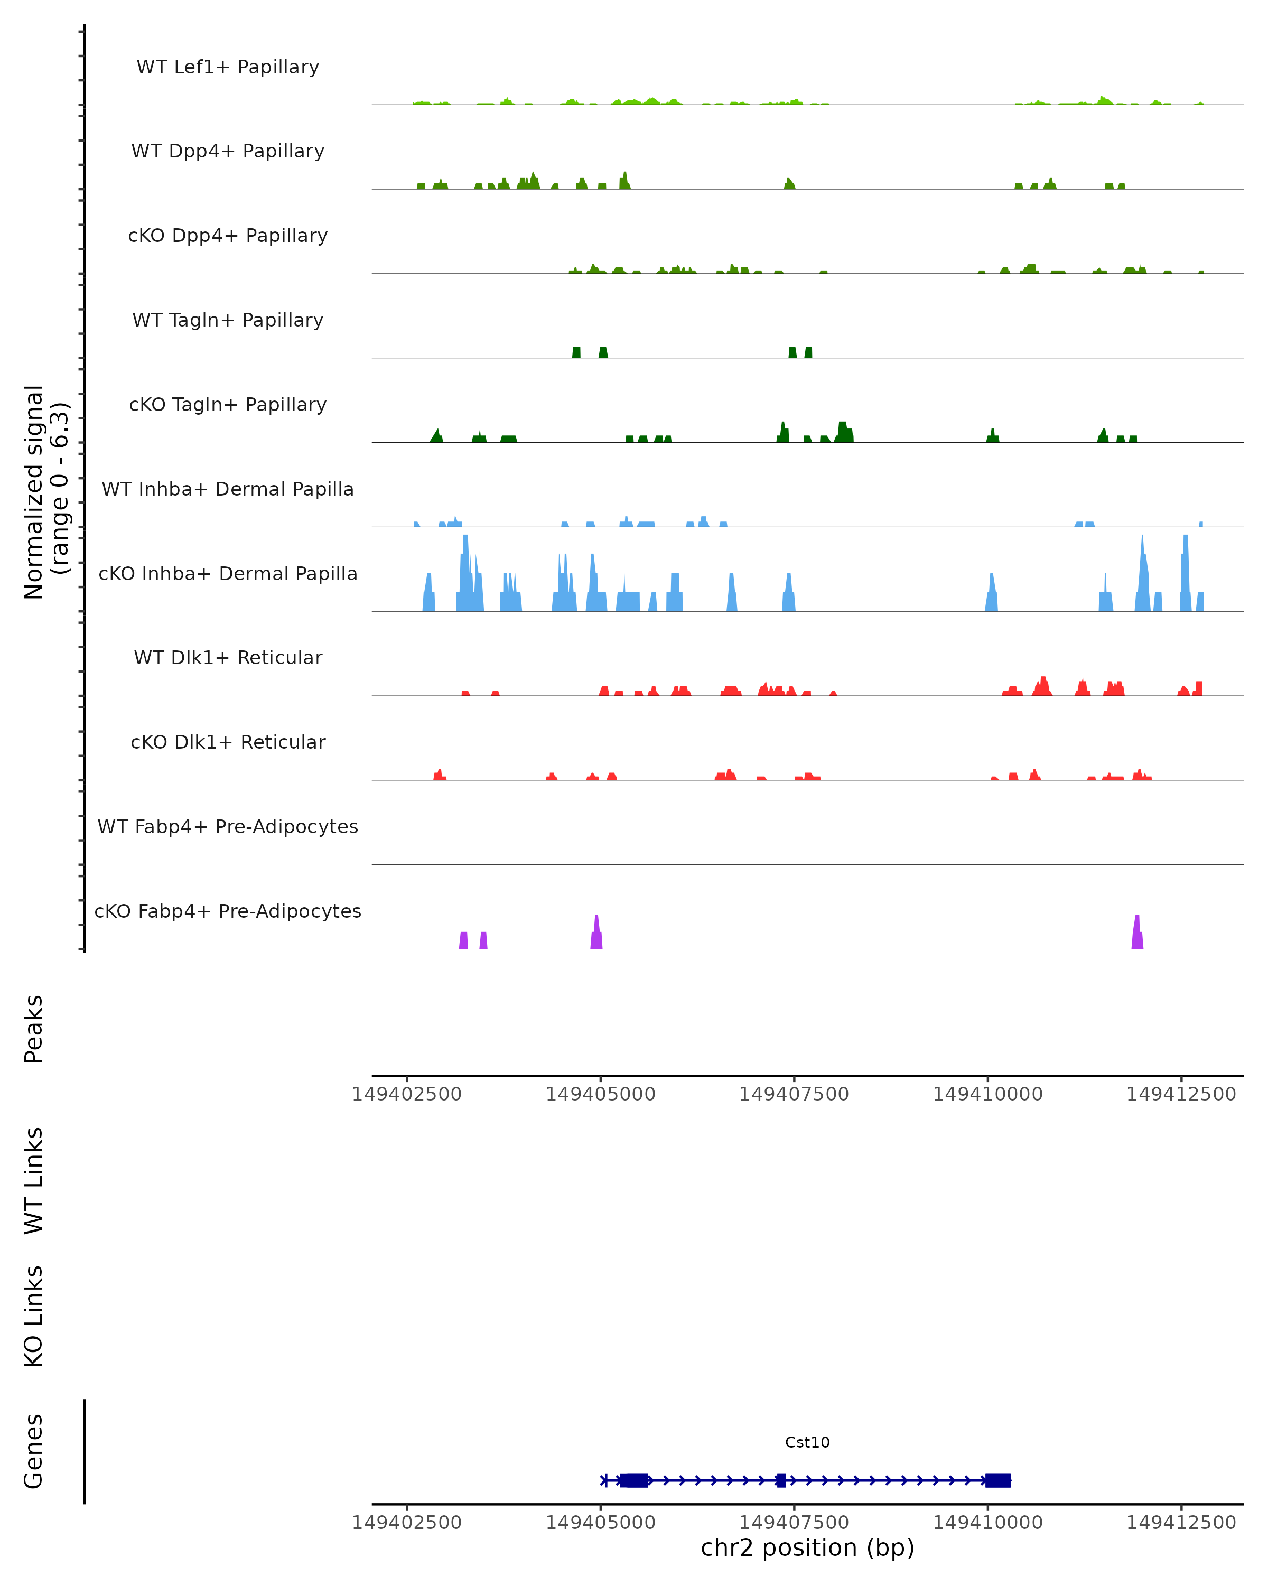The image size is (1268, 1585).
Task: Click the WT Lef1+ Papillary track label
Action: point(228,67)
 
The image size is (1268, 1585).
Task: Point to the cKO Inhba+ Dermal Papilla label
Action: point(228,573)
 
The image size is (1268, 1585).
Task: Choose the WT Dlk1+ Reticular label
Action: point(228,657)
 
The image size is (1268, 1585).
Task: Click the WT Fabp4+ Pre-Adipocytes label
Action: point(228,826)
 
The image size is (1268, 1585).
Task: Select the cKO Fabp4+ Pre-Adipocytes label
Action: point(228,911)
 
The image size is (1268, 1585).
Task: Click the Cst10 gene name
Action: point(807,1442)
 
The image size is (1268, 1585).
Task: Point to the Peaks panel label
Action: point(34,1029)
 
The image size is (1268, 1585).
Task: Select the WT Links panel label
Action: point(34,1180)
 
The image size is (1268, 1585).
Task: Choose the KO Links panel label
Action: point(34,1316)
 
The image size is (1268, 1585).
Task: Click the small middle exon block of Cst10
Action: point(781,1480)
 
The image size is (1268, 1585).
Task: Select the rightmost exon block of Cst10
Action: point(997,1480)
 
